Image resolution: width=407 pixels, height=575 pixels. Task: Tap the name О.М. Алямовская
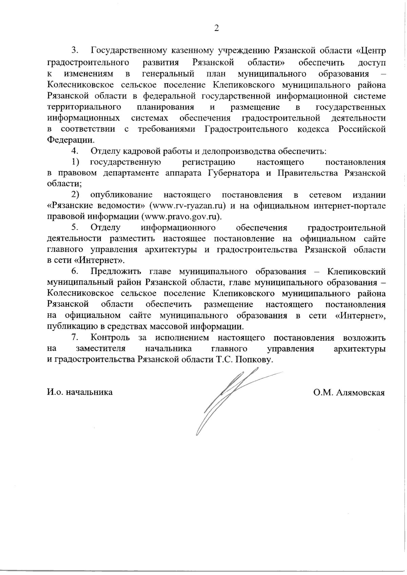[x=349, y=393]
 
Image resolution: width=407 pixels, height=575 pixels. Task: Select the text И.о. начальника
[x=80, y=392]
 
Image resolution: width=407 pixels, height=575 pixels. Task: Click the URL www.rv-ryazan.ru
[x=190, y=206]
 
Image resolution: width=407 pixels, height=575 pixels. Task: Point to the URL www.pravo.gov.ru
[x=181, y=217]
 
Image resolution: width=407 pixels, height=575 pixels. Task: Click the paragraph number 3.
[x=75, y=51]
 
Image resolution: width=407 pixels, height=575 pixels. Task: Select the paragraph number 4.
[x=75, y=151]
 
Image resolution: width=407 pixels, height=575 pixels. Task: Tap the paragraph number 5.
[x=75, y=228]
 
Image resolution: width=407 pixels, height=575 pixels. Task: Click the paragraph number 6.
[x=75, y=272]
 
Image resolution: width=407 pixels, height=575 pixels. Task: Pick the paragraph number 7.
[x=75, y=338]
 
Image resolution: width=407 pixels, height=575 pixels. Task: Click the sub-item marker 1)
[x=75, y=162]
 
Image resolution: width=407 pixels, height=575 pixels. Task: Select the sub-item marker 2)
[x=75, y=195]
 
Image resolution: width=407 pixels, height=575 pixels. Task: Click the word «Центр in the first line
[x=371, y=51]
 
